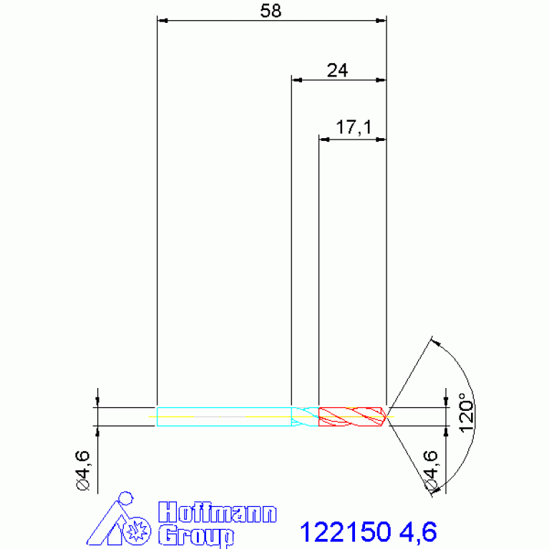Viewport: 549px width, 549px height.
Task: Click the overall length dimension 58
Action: click(x=271, y=11)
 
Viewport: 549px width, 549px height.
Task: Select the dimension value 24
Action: click(x=337, y=70)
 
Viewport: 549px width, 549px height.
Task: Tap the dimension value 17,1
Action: click(x=354, y=127)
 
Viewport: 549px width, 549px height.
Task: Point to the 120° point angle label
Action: click(x=466, y=413)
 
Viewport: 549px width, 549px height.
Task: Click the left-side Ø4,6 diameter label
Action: click(x=83, y=470)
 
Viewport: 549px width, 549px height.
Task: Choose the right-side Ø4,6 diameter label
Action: click(x=431, y=470)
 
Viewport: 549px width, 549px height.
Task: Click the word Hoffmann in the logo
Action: click(x=217, y=512)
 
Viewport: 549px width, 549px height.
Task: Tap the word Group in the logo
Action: click(x=195, y=535)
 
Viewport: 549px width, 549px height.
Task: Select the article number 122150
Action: click(x=345, y=532)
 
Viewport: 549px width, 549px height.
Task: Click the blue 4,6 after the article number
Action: click(x=418, y=533)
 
